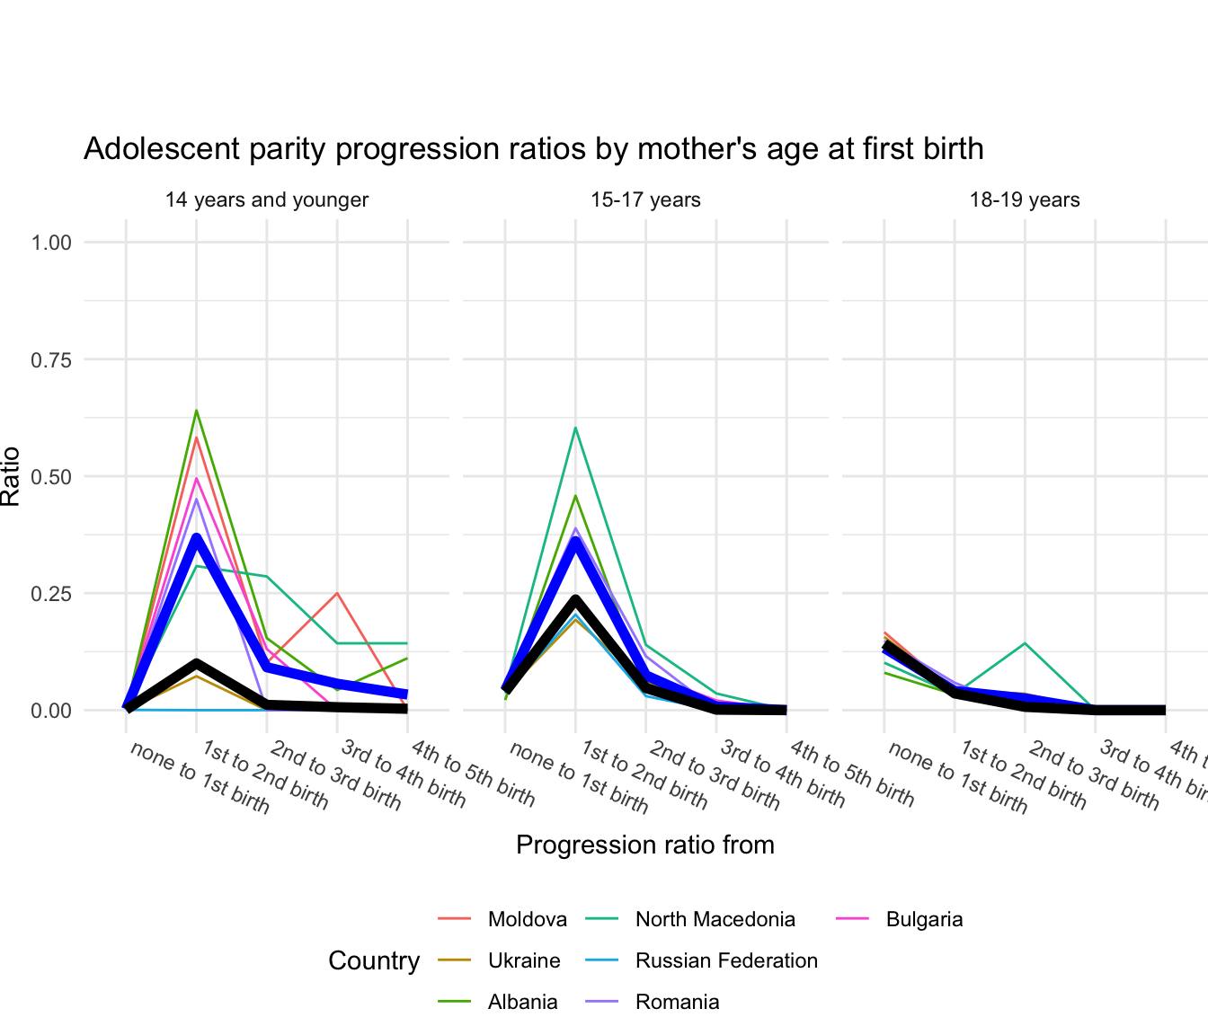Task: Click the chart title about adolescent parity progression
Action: (x=533, y=148)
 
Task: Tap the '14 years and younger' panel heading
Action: (x=266, y=199)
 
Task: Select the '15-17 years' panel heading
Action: (x=645, y=199)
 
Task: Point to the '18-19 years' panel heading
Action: (x=1024, y=199)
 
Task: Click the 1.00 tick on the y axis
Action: (x=52, y=243)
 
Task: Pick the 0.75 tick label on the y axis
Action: (x=52, y=359)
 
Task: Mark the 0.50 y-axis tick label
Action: (x=52, y=476)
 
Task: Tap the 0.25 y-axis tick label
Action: (x=52, y=594)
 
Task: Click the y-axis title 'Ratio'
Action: (x=11, y=476)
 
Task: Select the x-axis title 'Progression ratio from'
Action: (x=645, y=845)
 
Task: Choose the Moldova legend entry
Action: (x=527, y=919)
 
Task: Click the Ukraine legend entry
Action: (x=523, y=960)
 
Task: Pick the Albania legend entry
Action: (x=522, y=1002)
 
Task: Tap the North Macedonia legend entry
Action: (x=715, y=919)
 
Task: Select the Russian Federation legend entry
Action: (x=726, y=960)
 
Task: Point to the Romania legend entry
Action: (x=677, y=1002)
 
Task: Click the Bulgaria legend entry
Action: (x=924, y=919)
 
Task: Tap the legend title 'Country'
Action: (x=374, y=960)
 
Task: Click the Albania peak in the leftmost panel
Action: (x=196, y=411)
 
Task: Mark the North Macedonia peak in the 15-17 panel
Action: (x=575, y=428)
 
